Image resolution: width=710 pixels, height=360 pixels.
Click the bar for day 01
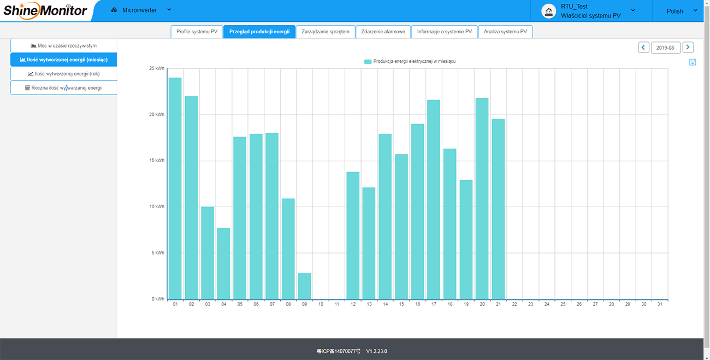(x=175, y=188)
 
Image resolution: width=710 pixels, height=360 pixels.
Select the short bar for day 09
(x=304, y=286)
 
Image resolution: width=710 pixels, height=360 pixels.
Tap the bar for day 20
(x=482, y=199)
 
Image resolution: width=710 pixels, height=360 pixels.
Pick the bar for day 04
(x=223, y=264)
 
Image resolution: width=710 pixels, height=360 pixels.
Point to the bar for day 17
(x=433, y=199)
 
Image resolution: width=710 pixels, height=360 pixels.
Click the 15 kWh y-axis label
(x=157, y=161)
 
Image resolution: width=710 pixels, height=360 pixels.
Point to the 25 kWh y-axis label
(x=157, y=68)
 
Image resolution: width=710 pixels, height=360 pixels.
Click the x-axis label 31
(x=660, y=304)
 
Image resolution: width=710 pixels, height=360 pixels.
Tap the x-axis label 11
(x=336, y=304)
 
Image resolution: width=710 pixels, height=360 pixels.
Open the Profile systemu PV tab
(x=197, y=32)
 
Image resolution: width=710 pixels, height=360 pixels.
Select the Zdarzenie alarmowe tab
(x=383, y=32)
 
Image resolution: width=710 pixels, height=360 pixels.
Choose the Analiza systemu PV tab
(x=505, y=32)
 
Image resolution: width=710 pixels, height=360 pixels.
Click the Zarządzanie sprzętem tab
(x=325, y=32)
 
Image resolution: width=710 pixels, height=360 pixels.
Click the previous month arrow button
(x=643, y=48)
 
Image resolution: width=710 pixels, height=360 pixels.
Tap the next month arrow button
(x=688, y=48)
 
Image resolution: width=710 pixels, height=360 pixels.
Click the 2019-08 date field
(x=665, y=48)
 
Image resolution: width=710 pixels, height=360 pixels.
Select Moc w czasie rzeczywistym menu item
(x=64, y=46)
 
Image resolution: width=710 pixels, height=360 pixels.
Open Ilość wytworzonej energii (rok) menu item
(x=64, y=74)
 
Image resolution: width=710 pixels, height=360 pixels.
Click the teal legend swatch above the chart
(x=368, y=62)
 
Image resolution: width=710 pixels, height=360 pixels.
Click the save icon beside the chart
(x=693, y=62)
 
